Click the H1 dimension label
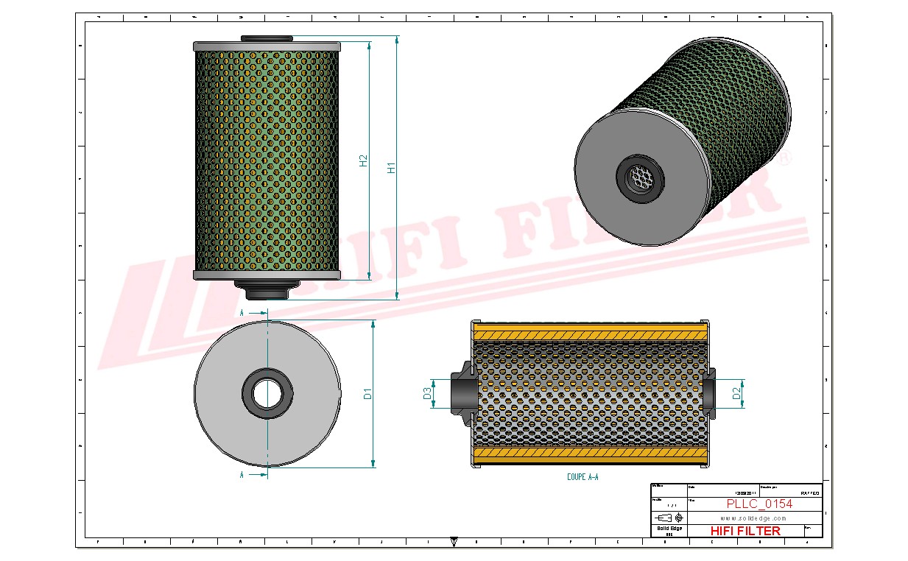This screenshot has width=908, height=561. click(392, 167)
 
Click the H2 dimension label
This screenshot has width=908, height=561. click(363, 160)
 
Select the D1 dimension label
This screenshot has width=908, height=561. click(367, 394)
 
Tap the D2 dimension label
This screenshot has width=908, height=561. click(736, 394)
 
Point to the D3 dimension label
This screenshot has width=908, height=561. click(427, 394)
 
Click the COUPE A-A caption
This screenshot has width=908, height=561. click(583, 477)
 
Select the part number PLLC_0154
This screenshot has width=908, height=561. click(759, 504)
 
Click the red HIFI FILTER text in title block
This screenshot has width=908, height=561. click(745, 531)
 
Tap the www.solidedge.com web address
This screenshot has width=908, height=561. click(753, 518)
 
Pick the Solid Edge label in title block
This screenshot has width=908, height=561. click(669, 529)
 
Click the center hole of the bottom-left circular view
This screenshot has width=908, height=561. click(267, 393)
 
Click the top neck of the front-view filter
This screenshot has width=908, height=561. click(266, 38)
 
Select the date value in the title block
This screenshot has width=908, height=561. click(745, 493)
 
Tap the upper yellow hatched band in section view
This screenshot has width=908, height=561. click(589, 335)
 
